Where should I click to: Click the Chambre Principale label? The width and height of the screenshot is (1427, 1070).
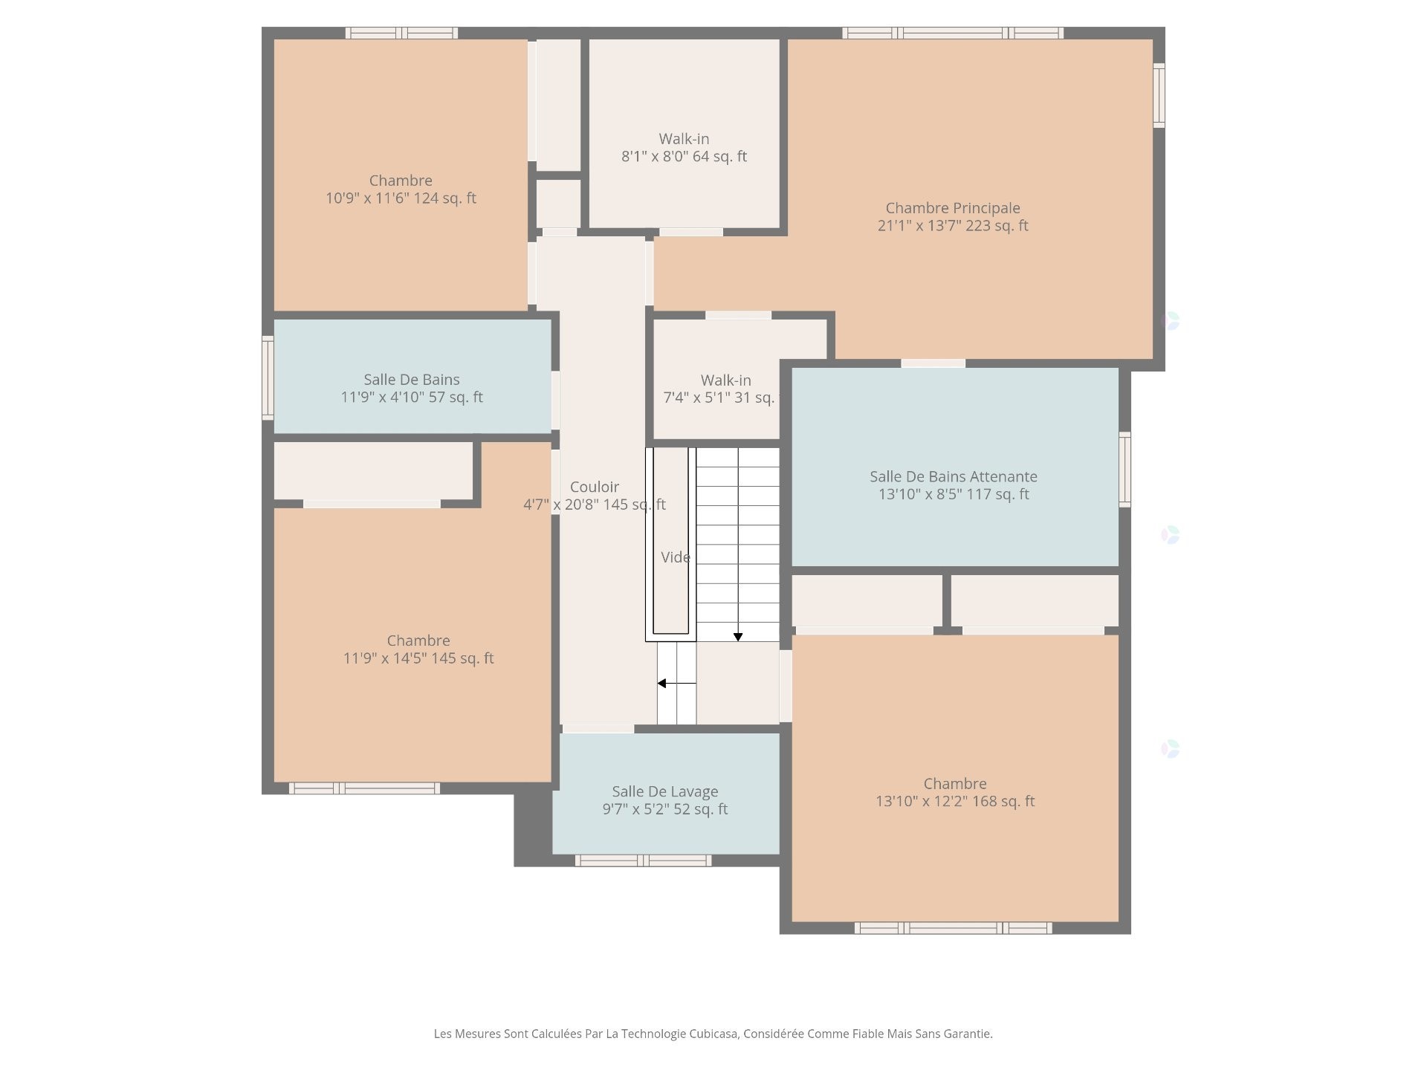point(952,208)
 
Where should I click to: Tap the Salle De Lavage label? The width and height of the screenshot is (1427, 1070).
point(664,791)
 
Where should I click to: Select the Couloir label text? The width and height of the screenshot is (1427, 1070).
point(594,487)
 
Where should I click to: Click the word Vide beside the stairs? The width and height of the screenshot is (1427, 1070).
point(675,557)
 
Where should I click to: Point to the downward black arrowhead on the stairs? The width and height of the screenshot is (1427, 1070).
point(738,637)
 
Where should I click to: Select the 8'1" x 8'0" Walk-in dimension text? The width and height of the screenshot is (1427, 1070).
point(684,157)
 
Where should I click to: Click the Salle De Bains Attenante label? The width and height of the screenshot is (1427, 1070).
point(953,476)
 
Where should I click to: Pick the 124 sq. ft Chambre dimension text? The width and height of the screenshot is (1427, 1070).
point(401,198)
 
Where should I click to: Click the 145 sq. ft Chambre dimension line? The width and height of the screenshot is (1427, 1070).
point(418,658)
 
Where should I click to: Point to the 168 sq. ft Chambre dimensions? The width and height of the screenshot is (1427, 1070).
point(954,802)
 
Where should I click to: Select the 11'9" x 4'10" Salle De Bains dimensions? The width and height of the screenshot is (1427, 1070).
point(411,398)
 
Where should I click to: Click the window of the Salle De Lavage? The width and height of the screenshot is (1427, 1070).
point(643,860)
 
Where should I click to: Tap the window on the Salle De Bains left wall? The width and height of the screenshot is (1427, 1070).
point(268,377)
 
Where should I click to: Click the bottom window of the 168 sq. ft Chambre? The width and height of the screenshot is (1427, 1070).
point(953,928)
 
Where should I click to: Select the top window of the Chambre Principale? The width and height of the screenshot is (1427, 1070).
point(952,33)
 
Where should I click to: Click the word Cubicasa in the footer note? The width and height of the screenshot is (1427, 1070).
point(713,1034)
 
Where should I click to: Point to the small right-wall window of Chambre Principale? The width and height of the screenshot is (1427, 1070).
point(1159,95)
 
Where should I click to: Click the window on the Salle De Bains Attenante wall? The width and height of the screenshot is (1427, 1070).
point(1125,470)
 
